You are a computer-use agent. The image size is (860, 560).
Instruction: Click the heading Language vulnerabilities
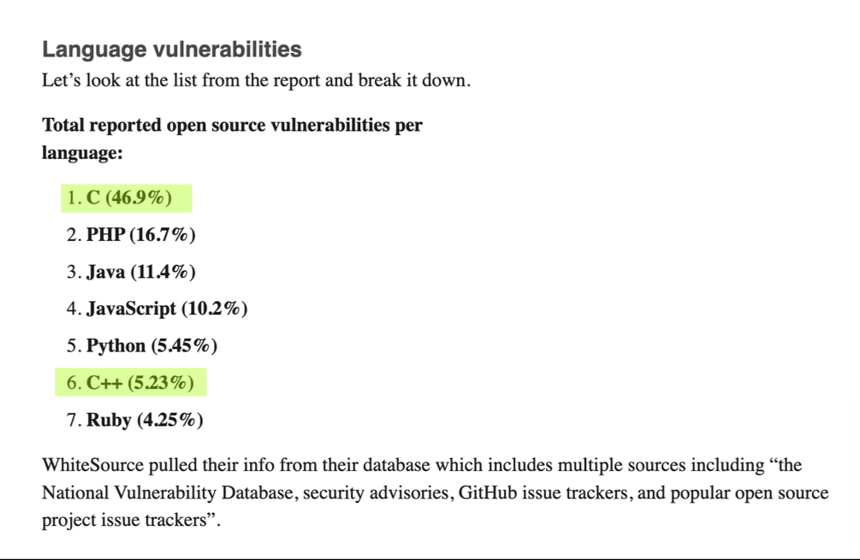(172, 50)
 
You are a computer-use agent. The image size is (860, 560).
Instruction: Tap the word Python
(116, 346)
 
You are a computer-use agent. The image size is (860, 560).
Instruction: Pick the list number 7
(71, 420)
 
